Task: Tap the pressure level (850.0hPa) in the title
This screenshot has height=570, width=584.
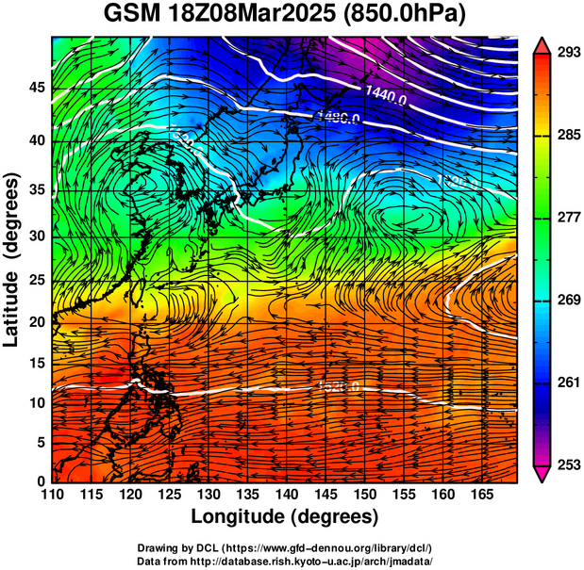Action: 409,16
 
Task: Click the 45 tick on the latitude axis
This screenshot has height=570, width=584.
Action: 37,87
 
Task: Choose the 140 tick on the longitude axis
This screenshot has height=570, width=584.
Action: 286,495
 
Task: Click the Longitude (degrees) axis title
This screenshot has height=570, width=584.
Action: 285,516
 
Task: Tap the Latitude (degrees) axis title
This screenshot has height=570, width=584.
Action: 13,258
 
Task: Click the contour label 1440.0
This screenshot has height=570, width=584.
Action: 386,94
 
